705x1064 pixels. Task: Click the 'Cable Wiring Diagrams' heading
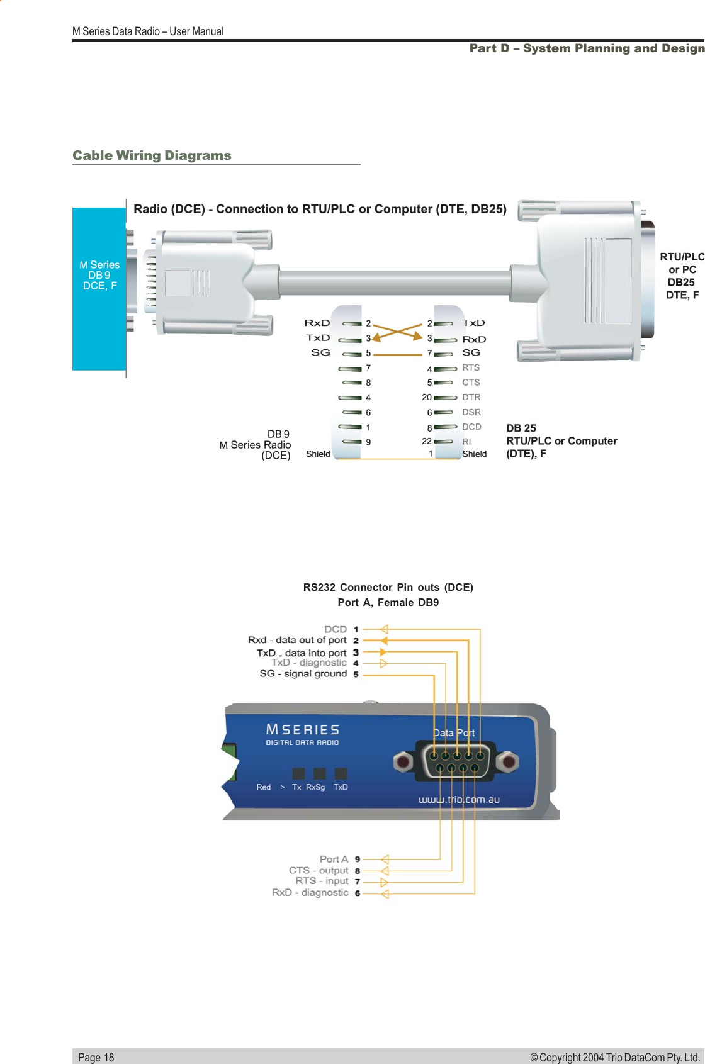[152, 155]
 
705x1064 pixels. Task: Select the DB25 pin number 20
[427, 397]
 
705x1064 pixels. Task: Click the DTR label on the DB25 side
[471, 397]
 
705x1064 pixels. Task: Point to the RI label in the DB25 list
[466, 442]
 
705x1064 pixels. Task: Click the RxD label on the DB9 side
[317, 323]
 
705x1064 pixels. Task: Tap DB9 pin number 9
[368, 442]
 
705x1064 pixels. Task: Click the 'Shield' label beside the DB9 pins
[318, 454]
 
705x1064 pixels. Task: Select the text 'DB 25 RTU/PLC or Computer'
[561, 435]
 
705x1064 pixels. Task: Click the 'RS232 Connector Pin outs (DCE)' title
[388, 587]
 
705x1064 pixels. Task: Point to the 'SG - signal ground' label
[303, 673]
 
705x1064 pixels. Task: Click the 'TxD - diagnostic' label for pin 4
[308, 663]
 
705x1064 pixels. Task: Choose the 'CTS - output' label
[319, 870]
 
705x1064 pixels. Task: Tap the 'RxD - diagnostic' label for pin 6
[310, 892]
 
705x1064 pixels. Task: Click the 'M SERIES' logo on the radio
[302, 730]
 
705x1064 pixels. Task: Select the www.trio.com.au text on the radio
[459, 800]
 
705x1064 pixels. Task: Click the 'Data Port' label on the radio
[454, 732]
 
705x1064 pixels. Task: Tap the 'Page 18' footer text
[96, 1057]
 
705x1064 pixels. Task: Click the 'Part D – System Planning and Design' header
[587, 48]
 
